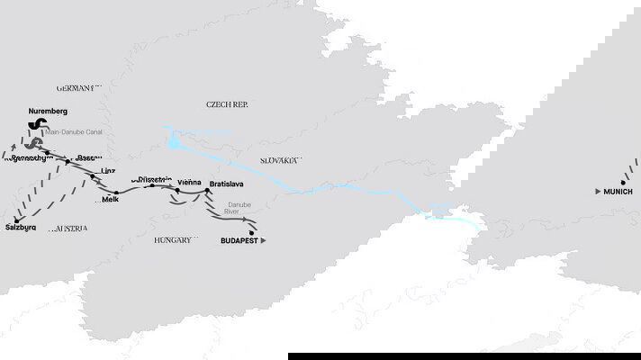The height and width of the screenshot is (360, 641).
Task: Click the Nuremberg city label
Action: [49, 111]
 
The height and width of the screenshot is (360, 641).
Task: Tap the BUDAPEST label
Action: [239, 241]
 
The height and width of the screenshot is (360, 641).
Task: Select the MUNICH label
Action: [618, 192]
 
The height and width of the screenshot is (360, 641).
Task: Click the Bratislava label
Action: [226, 184]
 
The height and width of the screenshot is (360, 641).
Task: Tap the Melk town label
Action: [111, 200]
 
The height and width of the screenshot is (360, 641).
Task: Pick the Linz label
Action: [109, 170]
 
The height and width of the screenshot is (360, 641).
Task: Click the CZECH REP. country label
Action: [226, 104]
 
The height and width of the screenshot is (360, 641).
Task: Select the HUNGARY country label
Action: [172, 240]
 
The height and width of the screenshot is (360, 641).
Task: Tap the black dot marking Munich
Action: [622, 182]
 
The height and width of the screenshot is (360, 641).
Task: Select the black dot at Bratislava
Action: [208, 191]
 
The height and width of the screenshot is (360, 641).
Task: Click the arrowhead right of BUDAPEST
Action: [265, 241]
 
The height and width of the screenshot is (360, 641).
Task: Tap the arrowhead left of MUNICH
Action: [599, 192]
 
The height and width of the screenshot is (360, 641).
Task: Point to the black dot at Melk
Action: [115, 192]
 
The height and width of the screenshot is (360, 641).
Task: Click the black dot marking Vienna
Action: [177, 190]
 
